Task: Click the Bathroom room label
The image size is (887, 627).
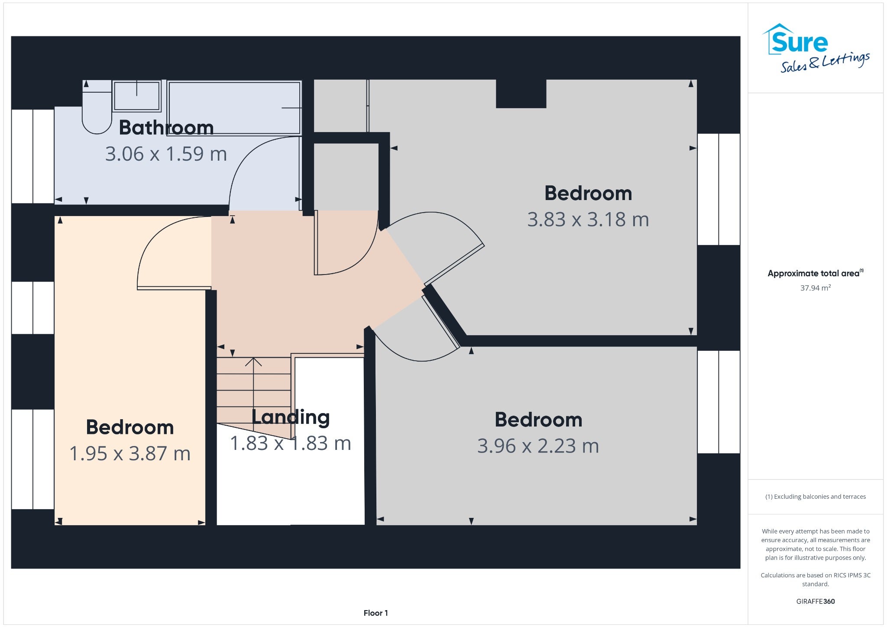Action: [x=166, y=127]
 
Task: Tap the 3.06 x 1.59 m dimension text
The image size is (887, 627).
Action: [x=166, y=154]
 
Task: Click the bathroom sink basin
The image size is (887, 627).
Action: [x=137, y=96]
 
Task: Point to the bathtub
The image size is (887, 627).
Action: [x=234, y=107]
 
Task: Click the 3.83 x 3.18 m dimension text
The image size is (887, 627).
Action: [x=588, y=220]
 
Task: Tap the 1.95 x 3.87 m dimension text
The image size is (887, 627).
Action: [x=130, y=454]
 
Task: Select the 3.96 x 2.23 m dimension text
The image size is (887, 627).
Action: [x=538, y=446]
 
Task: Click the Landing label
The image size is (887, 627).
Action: [x=291, y=417]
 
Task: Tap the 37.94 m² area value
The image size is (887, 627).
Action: [x=816, y=288]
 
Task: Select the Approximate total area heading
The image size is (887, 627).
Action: [x=816, y=273]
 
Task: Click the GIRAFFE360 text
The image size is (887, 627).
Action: [x=816, y=601]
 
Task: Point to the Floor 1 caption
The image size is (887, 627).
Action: [x=376, y=613]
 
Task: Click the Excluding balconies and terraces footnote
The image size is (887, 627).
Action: [x=816, y=497]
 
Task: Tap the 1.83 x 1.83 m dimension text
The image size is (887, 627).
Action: [x=290, y=443]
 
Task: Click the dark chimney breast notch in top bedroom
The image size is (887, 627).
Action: [x=521, y=94]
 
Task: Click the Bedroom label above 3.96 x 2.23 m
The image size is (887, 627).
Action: [x=538, y=420]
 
